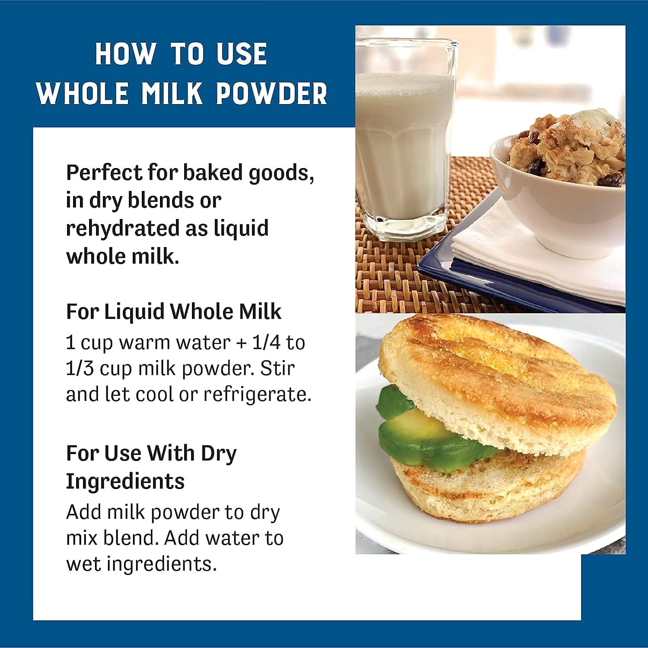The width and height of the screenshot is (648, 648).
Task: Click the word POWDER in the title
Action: point(271,93)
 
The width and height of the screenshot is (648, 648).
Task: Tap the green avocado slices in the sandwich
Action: point(428,428)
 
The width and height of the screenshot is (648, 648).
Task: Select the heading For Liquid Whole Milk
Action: point(173,311)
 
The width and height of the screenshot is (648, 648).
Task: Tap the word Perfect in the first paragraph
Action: point(104,173)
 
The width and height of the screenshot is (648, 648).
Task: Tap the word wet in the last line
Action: point(83,564)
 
